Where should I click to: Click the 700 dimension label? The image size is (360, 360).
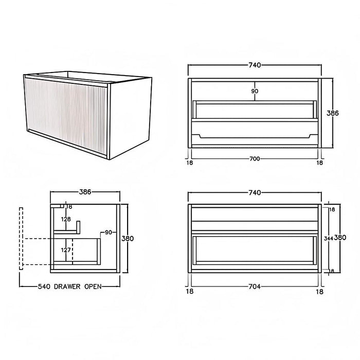point(255,158)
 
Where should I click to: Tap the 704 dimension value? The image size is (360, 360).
point(255,286)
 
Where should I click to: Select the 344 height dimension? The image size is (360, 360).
point(329,239)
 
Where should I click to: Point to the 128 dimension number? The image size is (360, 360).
point(66,219)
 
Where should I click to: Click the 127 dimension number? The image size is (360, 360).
point(66,250)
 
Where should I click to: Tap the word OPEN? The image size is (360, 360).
point(93,286)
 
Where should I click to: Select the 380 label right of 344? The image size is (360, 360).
point(340,238)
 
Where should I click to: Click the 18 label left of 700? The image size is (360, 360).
point(190,163)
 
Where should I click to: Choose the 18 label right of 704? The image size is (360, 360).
point(319,292)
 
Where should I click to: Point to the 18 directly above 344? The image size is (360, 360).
point(332,209)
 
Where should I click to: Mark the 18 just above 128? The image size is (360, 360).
point(69,207)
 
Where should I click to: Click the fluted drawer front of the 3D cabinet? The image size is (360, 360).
point(66,116)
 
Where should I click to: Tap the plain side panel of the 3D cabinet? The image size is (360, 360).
point(130,118)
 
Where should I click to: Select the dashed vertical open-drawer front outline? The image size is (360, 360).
point(21,239)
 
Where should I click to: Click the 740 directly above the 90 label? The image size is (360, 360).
point(255,65)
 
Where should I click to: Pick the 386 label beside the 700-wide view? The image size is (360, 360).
point(333,113)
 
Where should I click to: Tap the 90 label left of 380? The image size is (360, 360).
point(109,232)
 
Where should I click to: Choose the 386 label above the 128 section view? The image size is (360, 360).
point(85,192)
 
